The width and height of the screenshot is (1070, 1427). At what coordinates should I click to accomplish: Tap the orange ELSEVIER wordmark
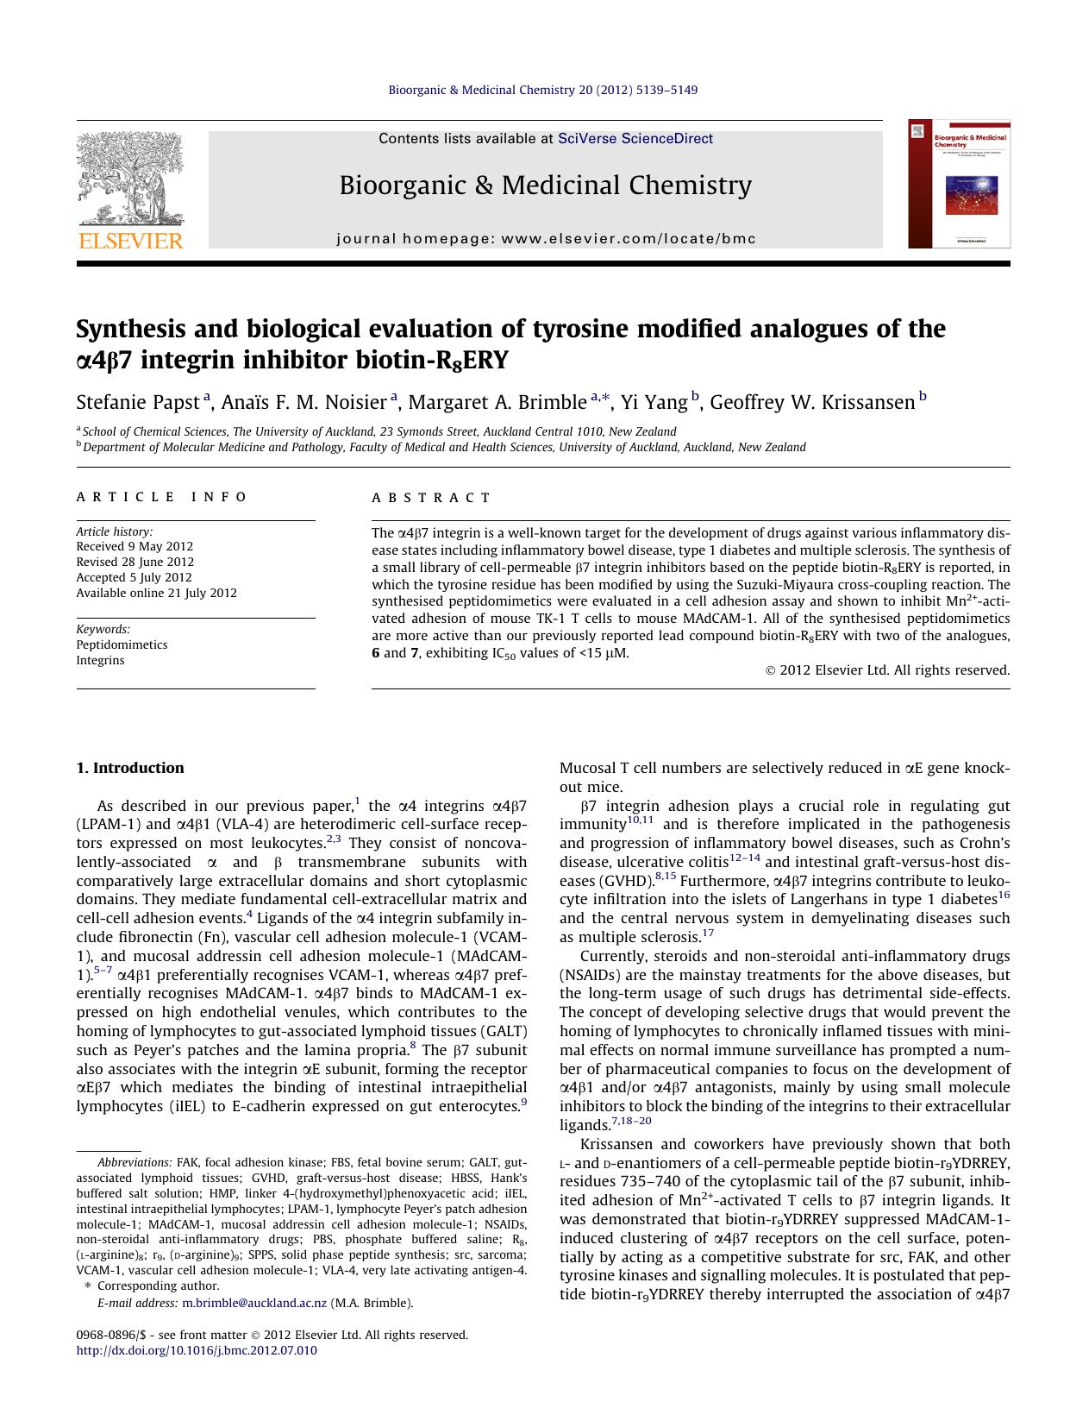click(130, 241)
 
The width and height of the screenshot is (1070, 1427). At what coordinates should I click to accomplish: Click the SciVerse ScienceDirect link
click(635, 138)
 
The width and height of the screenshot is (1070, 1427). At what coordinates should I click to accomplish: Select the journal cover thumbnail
click(959, 184)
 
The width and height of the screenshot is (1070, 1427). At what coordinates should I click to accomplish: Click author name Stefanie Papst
click(138, 402)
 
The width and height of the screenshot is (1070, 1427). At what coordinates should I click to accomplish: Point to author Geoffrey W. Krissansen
click(811, 402)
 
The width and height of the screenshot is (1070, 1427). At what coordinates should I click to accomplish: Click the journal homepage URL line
click(546, 239)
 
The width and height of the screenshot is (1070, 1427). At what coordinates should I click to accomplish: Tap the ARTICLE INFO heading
click(161, 497)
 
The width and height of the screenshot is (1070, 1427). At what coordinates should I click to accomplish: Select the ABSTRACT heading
click(431, 497)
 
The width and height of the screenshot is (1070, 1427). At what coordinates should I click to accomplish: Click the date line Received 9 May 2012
click(135, 546)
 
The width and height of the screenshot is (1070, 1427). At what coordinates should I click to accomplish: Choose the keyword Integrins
click(100, 660)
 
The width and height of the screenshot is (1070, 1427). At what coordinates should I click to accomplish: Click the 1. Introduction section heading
click(130, 768)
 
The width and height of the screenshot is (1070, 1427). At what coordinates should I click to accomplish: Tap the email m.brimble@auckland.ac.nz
click(254, 1303)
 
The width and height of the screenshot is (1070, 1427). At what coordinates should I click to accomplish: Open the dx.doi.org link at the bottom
click(197, 1350)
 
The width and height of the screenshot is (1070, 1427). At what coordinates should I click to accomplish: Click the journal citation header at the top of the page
click(542, 90)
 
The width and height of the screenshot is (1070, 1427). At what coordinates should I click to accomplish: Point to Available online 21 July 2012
click(156, 593)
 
